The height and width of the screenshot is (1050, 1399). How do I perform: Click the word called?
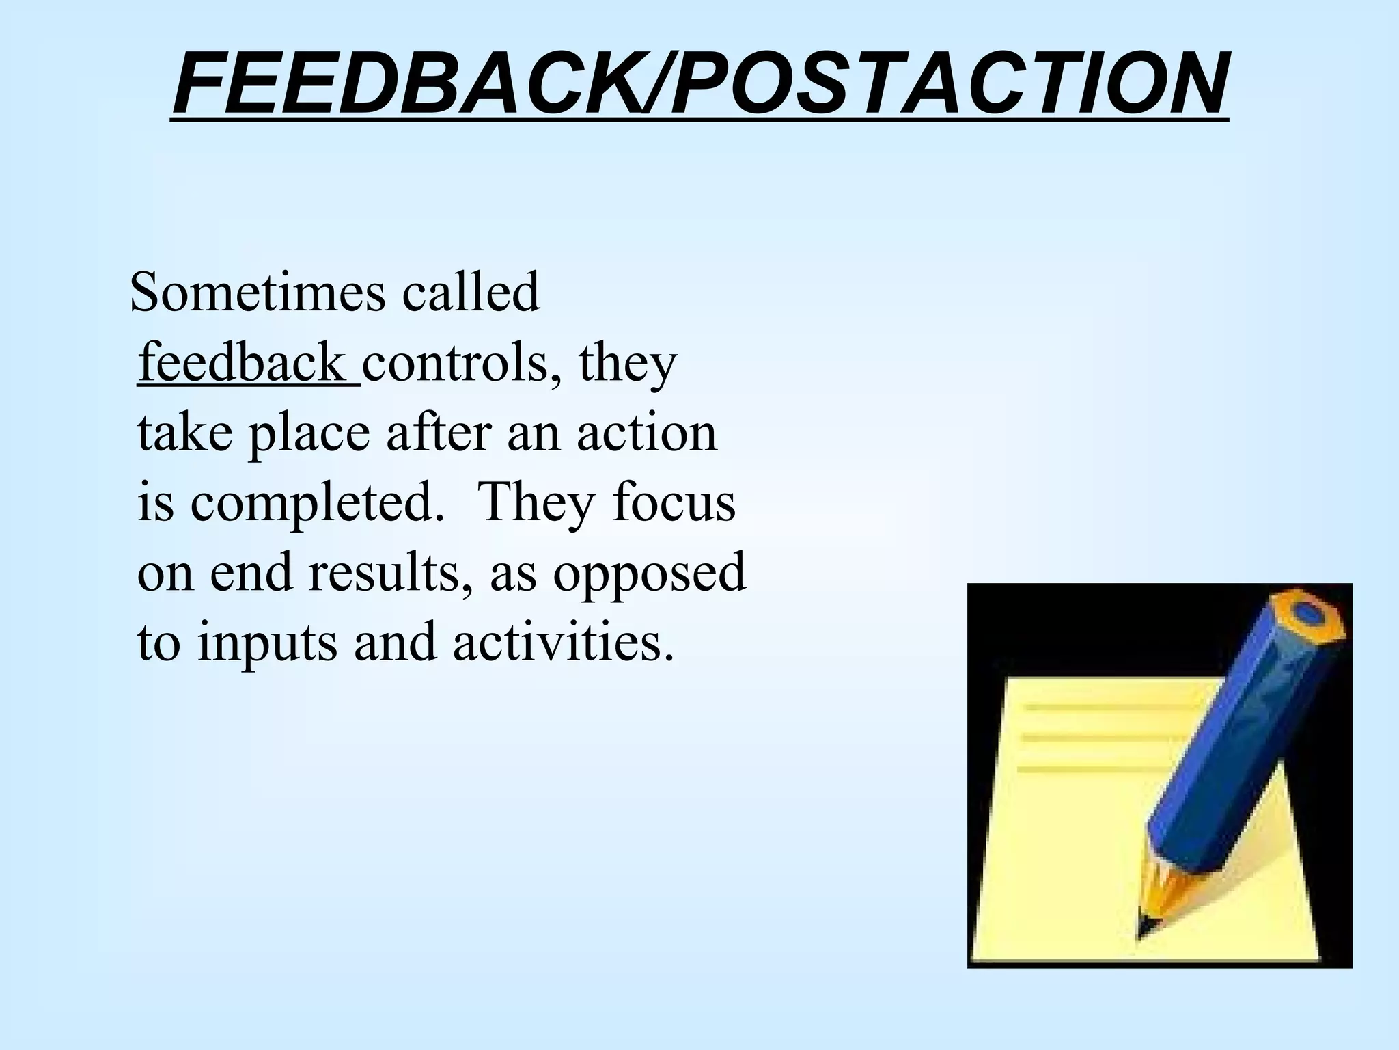tap(471, 293)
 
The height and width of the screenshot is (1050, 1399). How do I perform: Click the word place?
tap(307, 434)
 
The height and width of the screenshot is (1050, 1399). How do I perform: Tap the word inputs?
tap(267, 645)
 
